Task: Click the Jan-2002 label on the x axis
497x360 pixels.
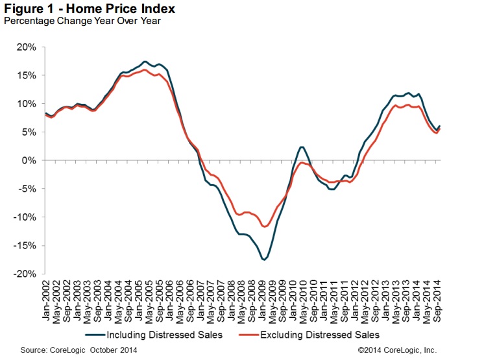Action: tap(46, 300)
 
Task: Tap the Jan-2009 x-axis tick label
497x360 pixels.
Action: tap(263, 300)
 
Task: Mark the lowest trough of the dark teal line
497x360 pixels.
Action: tap(263, 259)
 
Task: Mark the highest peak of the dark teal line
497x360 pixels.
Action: tap(144, 62)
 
